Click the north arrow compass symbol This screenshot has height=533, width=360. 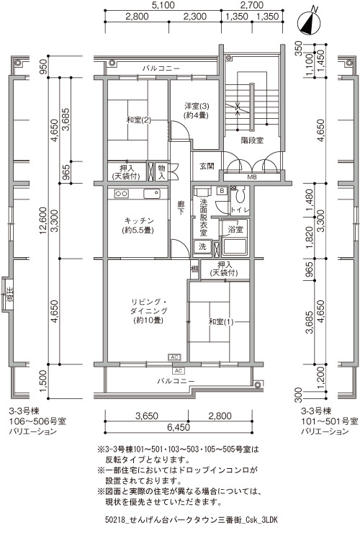[309, 24]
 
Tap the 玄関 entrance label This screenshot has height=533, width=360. [207, 166]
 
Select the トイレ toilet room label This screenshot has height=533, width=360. [240, 210]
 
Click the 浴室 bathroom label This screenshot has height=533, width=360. [235, 229]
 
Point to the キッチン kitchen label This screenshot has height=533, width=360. [139, 220]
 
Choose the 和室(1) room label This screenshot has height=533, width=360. [221, 321]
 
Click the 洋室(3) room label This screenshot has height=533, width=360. [197, 105]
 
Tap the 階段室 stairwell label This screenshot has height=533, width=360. [252, 140]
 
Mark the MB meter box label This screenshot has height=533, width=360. [252, 177]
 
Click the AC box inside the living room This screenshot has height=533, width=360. [174, 357]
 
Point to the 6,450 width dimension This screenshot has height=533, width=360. [179, 427]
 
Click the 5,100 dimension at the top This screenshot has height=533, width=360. [163, 5]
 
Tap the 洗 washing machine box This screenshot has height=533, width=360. [202, 247]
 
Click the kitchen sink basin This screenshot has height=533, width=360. [152, 194]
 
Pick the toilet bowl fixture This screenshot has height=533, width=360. [241, 194]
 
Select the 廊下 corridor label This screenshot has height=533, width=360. [181, 207]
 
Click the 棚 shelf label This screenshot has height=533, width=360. [194, 269]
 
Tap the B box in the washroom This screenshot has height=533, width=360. [222, 191]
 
